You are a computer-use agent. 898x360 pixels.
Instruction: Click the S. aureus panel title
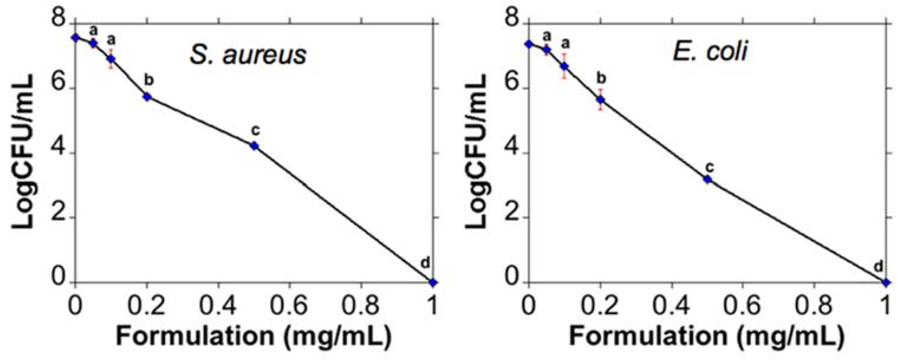point(248,55)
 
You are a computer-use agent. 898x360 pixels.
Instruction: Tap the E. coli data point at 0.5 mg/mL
point(707,179)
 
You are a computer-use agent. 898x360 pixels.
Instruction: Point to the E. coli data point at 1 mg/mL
point(886,282)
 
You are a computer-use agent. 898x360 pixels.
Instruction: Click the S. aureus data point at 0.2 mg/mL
point(147,97)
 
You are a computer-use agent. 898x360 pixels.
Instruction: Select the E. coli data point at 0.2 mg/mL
point(600,100)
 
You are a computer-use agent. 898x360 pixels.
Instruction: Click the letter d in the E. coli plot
point(879,267)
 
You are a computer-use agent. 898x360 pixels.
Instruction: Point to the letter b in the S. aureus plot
point(149,81)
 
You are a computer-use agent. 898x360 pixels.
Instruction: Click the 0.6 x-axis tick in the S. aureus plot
point(289,305)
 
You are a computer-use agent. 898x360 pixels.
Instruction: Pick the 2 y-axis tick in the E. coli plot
point(513,217)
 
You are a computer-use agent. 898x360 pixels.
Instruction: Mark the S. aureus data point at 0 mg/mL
point(75,37)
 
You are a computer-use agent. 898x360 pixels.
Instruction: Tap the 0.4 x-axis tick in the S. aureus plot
point(218,305)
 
